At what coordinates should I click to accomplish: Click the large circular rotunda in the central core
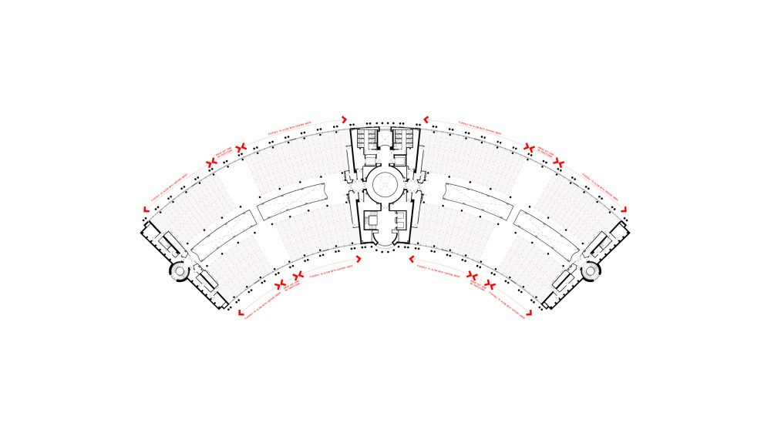[384, 184]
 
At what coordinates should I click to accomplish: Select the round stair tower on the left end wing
[179, 270]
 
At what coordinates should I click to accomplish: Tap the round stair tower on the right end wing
[591, 270]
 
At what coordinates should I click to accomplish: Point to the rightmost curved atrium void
[547, 235]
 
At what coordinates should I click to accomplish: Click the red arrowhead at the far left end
[146, 210]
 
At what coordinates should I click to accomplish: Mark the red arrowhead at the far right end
[625, 210]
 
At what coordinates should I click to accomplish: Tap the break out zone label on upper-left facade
[226, 154]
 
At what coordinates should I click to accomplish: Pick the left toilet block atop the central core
[369, 139]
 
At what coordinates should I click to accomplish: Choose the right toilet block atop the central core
[401, 139]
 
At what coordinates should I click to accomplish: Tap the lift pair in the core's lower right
[399, 221]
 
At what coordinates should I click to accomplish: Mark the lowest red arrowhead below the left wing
[241, 313]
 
